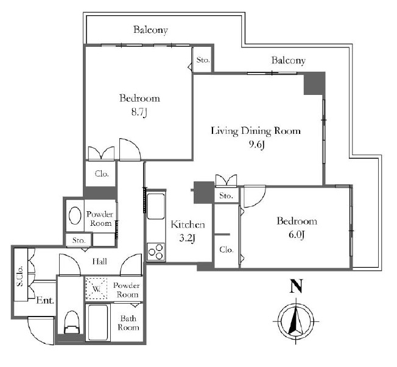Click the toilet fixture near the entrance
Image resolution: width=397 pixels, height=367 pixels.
[72, 321]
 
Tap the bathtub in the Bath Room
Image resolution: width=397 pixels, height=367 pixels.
[98, 322]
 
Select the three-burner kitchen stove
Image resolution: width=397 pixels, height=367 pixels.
[156, 252]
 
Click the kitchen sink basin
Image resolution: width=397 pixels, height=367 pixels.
[156, 206]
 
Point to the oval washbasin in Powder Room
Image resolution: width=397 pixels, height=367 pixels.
[75, 215]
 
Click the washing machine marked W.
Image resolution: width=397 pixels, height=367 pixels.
[96, 288]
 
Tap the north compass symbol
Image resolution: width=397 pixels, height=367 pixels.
[296, 322]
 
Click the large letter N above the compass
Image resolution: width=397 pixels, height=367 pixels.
[297, 286]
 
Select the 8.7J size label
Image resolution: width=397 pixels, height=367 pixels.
[139, 111]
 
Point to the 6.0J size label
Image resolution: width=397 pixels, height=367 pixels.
[297, 235]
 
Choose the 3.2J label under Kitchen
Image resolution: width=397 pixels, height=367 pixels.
[188, 238]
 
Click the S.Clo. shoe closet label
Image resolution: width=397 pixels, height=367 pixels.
[19, 276]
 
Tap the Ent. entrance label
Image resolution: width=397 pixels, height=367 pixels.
[45, 301]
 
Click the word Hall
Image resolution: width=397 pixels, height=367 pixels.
[99, 261]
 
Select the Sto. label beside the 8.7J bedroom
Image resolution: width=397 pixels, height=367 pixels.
[203, 60]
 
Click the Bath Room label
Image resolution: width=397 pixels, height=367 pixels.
[128, 323]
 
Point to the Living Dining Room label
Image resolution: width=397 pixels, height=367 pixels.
[256, 131]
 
